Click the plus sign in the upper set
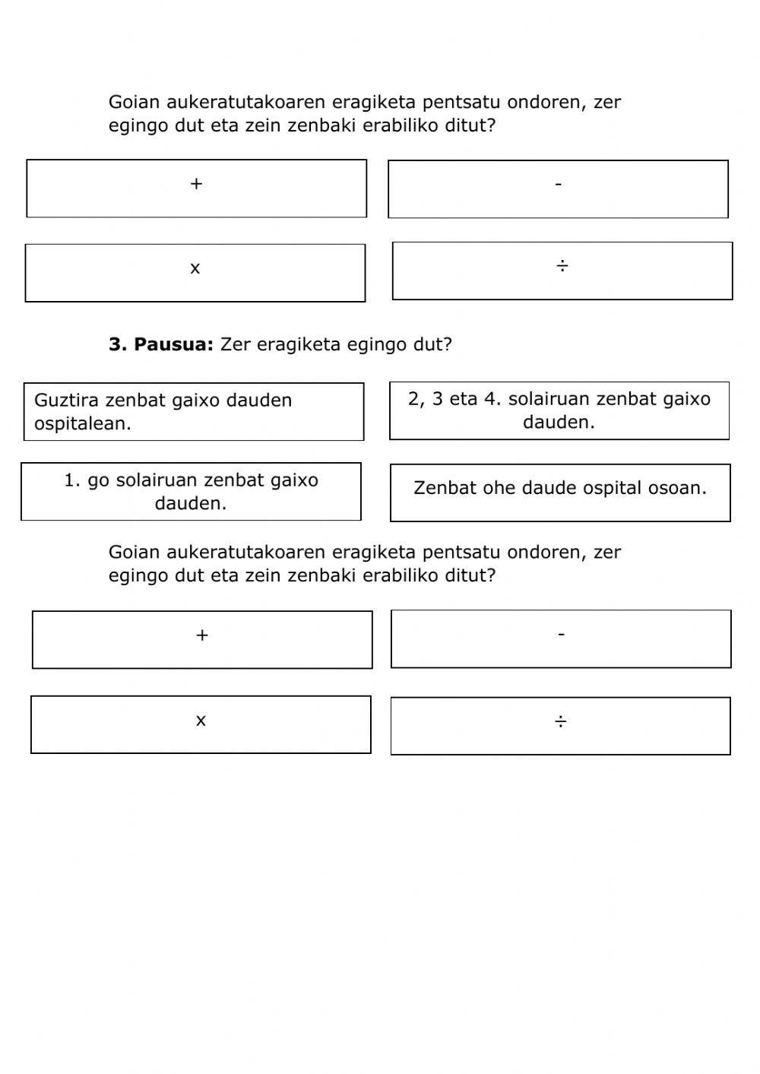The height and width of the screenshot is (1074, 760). tap(196, 184)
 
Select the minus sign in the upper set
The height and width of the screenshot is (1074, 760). tap(559, 184)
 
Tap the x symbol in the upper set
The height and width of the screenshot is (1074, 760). tap(195, 268)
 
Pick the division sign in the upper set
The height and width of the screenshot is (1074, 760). tap(562, 266)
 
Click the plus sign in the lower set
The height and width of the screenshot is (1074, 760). tap(202, 635)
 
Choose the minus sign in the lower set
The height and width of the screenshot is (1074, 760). tap(561, 634)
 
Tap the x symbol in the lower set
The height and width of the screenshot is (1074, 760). tap(201, 721)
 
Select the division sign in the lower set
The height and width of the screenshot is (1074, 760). tap(560, 721)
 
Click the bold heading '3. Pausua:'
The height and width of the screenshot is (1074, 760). tap(161, 344)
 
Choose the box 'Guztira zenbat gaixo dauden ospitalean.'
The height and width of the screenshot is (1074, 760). tap(194, 412)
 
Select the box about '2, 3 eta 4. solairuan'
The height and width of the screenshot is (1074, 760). tap(559, 410)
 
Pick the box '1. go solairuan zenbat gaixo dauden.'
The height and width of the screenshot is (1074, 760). tap(191, 492)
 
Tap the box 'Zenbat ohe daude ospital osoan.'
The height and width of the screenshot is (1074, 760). tap(560, 493)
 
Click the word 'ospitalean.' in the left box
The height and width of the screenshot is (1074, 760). tap(83, 424)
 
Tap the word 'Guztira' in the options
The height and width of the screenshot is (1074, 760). tap(67, 401)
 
